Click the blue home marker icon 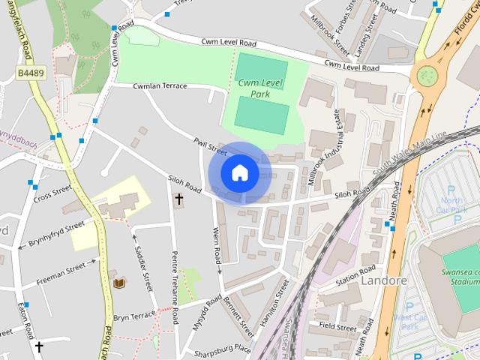tap(239, 173)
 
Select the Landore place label tap(383, 280)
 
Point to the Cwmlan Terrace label tap(159, 86)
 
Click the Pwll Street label tap(210, 145)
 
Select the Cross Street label tap(52, 193)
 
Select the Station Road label tap(355, 275)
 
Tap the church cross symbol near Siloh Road tap(178, 199)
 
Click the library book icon tap(118, 283)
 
